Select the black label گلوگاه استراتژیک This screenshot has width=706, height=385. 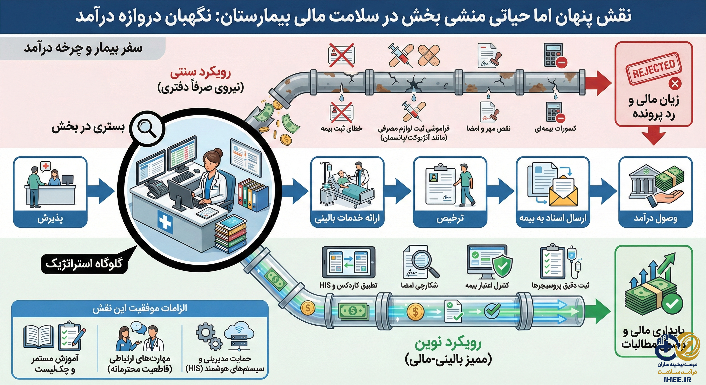coord(84,264)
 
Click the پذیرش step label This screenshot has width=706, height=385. coord(50,218)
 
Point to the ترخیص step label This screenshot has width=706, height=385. coord(450,218)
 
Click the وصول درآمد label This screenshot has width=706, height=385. coord(655,218)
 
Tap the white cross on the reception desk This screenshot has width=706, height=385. coord(165,222)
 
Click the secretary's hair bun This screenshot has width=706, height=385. coord(218,152)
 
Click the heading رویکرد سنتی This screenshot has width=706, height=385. coord(200,73)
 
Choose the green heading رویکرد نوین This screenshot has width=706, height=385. coord(448,344)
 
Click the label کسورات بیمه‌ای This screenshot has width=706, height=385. coord(555,129)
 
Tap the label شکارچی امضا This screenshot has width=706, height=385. coord(419,285)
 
